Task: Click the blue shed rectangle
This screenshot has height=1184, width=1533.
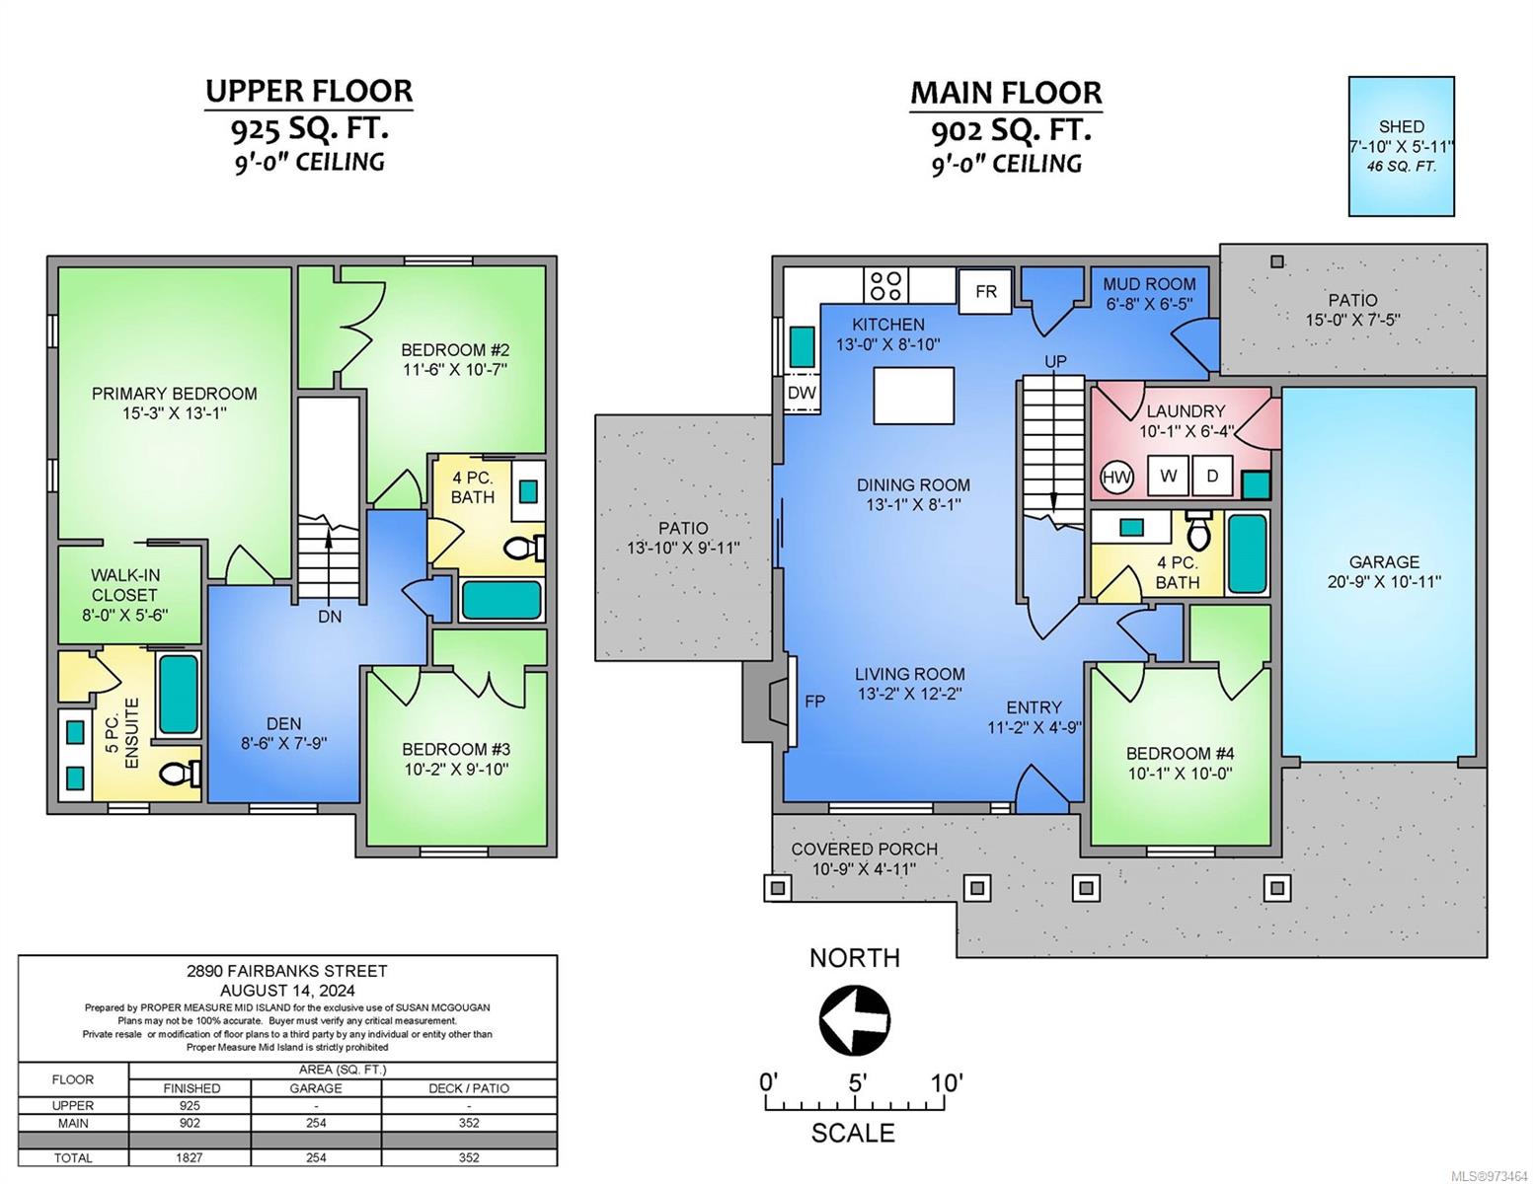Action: pos(1401,146)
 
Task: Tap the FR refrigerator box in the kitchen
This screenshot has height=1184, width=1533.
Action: pos(985,290)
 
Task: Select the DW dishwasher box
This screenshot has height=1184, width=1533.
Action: pos(802,392)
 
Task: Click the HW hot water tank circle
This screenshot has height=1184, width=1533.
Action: pos(1116,478)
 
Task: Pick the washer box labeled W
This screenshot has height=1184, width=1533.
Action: pos(1168,476)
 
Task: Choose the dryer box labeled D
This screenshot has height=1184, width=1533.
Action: pos(1212,476)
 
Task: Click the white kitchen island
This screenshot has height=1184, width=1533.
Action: pos(914,395)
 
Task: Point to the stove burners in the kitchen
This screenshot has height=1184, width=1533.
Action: pos(885,285)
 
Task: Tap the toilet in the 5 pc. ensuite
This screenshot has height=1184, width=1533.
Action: pos(181,774)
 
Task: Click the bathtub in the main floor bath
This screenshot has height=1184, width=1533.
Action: pos(1248,554)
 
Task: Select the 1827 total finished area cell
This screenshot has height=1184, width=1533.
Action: pos(190,1157)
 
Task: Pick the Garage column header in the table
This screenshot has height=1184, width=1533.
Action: pos(315,1088)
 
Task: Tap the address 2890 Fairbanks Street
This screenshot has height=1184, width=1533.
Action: pos(287,971)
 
